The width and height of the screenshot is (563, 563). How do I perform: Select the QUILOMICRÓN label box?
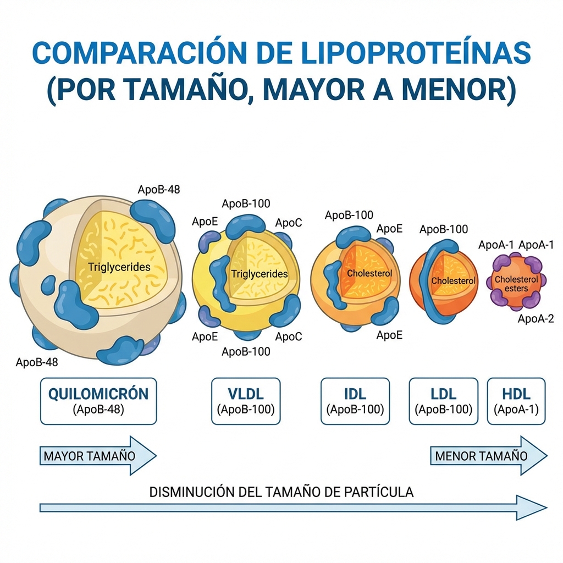(x=98, y=401)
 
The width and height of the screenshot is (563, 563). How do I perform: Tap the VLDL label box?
(x=246, y=401)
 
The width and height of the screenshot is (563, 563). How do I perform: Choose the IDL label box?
(x=355, y=401)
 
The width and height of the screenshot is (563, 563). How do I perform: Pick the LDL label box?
(x=444, y=401)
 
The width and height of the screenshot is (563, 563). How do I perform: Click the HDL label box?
(x=516, y=401)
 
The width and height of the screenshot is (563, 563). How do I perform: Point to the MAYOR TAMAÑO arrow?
(x=96, y=455)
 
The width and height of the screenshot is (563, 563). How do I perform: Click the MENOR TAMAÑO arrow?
(x=487, y=455)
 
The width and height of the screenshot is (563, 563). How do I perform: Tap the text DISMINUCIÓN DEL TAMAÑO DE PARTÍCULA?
(x=281, y=492)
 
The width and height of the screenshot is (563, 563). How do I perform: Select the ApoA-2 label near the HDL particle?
(x=536, y=319)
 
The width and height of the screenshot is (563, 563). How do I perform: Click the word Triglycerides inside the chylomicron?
(x=119, y=267)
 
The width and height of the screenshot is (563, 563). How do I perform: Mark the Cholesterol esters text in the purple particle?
(x=516, y=284)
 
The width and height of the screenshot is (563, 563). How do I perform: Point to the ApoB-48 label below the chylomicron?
(x=37, y=362)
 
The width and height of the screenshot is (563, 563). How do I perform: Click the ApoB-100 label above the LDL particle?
(x=444, y=229)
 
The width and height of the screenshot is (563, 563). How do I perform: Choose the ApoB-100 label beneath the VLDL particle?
(x=246, y=351)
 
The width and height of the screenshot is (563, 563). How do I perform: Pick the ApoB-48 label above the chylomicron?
(x=159, y=190)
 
